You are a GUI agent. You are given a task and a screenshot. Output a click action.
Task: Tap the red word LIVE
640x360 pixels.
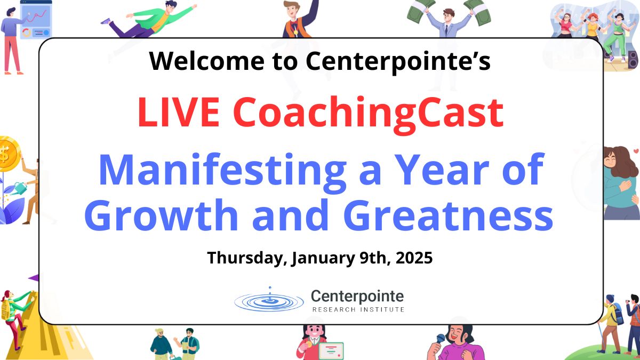(179, 112)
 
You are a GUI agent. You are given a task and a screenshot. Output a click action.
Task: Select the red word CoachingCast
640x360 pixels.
(368, 115)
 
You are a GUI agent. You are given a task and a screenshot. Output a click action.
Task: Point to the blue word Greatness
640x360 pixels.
(449, 215)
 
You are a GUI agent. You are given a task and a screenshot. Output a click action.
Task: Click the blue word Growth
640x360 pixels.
(161, 215)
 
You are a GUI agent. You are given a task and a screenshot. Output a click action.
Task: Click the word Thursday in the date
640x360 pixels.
(247, 258)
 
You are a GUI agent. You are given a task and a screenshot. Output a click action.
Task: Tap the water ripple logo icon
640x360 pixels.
(269, 300)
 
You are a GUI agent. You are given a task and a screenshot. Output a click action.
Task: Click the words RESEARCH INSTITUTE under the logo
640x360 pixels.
(358, 309)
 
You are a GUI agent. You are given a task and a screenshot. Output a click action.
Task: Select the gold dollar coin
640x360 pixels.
(9, 154)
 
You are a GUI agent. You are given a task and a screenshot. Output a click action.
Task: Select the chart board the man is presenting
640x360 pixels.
(36, 19)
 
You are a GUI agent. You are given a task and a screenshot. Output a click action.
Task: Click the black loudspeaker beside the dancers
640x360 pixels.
(633, 59)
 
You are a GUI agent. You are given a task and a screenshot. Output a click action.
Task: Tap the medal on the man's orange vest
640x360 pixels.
(295, 31)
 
